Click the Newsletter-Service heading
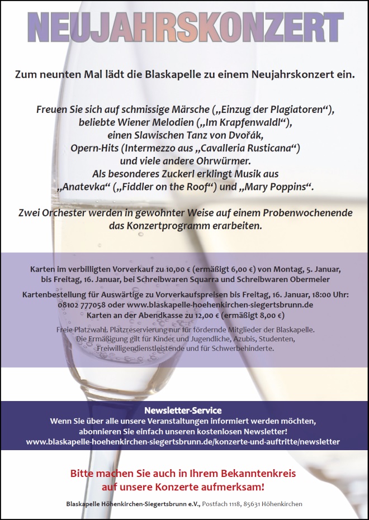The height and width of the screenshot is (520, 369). (183, 411)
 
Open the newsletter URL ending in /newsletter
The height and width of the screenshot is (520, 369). (183, 441)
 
